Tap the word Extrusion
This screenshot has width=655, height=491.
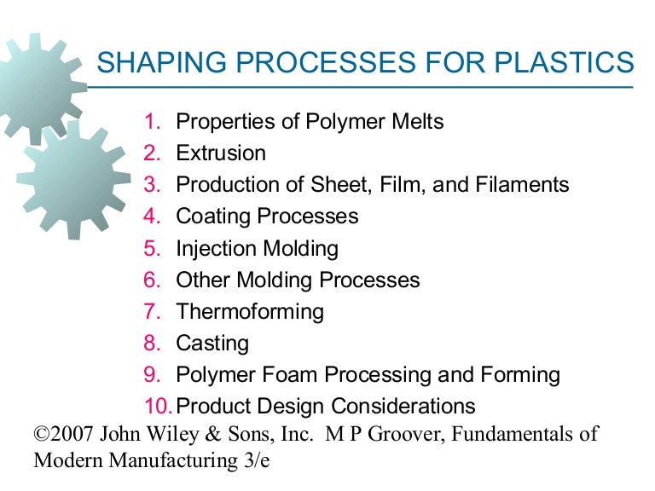pos(221,153)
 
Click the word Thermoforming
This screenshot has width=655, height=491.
pos(250,311)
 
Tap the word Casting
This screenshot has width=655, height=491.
pos(212,343)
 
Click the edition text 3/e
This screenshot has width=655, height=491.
pos(263,461)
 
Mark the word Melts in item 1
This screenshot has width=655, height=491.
pos(414,122)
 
